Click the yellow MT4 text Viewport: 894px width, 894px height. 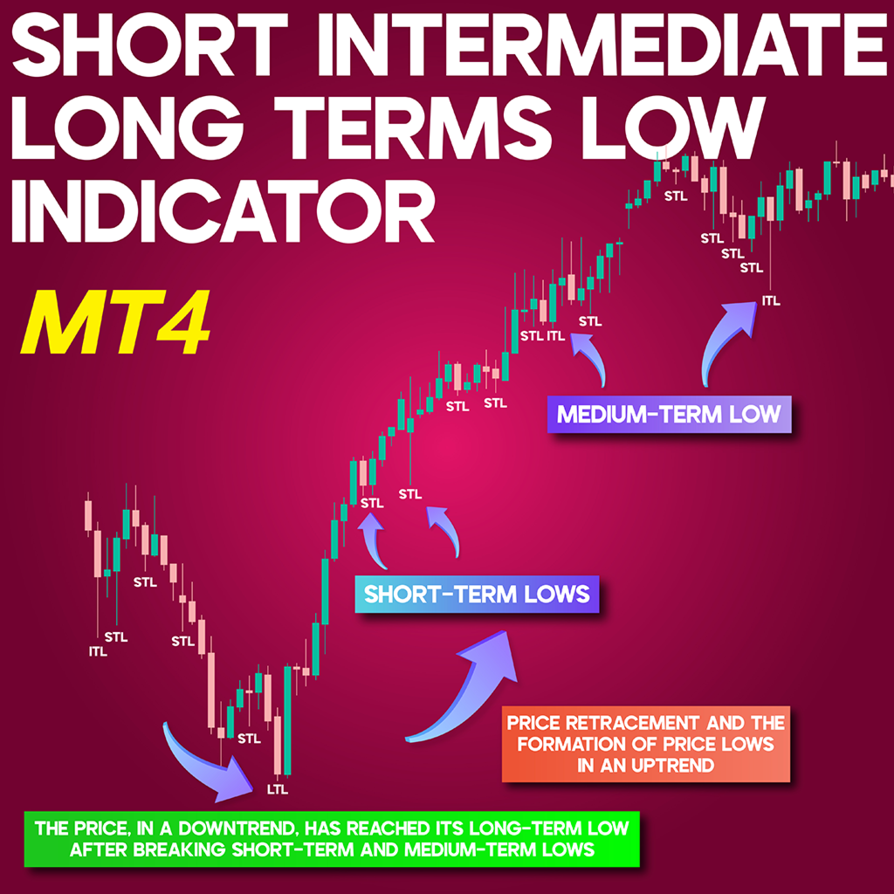click(x=116, y=322)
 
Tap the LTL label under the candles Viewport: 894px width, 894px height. click(x=278, y=789)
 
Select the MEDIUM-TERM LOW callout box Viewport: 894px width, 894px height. click(x=670, y=415)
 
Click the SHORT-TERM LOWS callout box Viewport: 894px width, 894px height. click(x=477, y=595)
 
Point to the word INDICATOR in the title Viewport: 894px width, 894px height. click(x=223, y=212)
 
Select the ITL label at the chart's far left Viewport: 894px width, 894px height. click(x=98, y=651)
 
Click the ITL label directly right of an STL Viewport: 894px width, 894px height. click(x=556, y=336)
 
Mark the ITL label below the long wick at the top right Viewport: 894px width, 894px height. click(x=771, y=301)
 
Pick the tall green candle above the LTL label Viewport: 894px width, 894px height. click(x=287, y=720)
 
